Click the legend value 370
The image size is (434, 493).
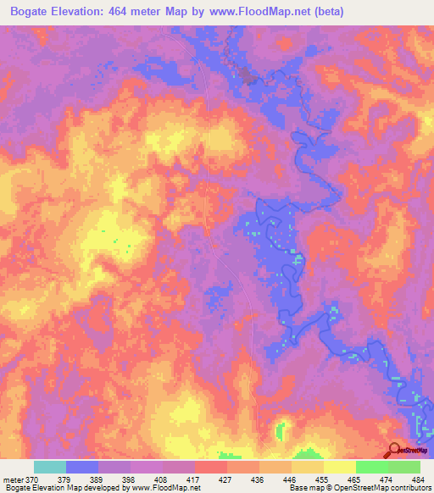tap(32, 479)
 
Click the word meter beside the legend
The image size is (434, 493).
tap(12, 479)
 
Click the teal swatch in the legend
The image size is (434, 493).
tap(49, 467)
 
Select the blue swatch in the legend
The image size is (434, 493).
tap(81, 467)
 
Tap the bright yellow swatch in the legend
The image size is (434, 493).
tap(339, 467)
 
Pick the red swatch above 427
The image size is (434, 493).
tap(210, 467)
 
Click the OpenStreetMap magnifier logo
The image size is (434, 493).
tap(395, 451)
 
